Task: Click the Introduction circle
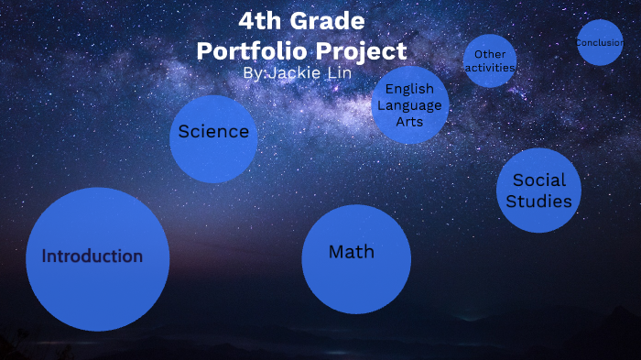pos(97,259)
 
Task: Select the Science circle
pos(213,138)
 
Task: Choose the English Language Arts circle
pos(410,105)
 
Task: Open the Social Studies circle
pos(538,191)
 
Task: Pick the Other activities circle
pos(490,61)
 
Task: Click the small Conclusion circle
pos(600,43)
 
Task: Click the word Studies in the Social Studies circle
pos(539,201)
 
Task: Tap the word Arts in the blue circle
pos(409,121)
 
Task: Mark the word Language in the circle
pos(409,105)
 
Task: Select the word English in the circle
pos(409,90)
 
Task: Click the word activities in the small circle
pos(490,68)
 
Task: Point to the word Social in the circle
pos(539,180)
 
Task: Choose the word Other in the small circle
pos(490,55)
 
